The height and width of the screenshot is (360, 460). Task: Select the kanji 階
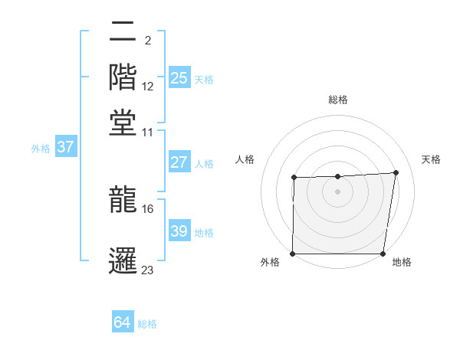coord(123,77)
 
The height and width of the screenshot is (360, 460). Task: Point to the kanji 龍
coord(123,198)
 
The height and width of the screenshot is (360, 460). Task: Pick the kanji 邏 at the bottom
coord(123,259)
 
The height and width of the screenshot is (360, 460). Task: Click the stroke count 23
coord(148,270)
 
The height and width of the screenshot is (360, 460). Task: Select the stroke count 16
coord(148,208)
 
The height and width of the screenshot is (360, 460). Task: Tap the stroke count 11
coord(148,131)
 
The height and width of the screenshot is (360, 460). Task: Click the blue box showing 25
coord(179,78)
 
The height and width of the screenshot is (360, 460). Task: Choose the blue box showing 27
coord(179,162)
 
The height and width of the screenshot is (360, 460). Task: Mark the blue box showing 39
coord(179,231)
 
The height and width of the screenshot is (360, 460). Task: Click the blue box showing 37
coord(65,148)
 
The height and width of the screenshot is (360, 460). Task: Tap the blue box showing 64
coord(122,323)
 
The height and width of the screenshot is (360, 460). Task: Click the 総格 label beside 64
coord(147,324)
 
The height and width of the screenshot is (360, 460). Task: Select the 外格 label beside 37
coord(40,149)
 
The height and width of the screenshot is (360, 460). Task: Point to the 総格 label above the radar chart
coord(337,100)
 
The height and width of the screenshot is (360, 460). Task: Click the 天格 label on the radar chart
coord(431,159)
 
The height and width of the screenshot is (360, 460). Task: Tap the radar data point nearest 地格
coord(383,254)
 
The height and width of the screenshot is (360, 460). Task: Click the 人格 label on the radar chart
coord(245,159)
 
